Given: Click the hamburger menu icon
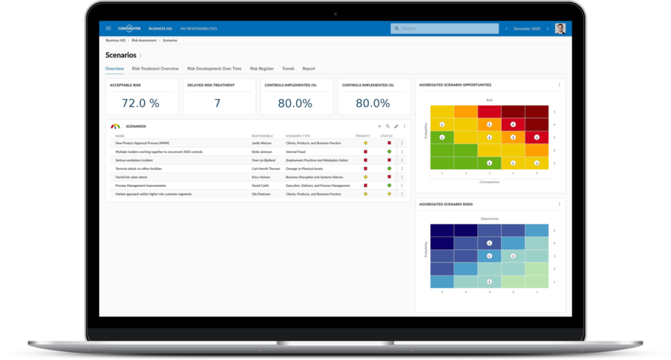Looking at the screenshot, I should point(109,28).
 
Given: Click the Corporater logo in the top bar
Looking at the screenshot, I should point(128,28).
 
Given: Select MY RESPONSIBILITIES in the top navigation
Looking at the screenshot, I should point(199,29).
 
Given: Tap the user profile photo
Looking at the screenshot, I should point(560,28).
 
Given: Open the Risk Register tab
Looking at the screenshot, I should point(262,68).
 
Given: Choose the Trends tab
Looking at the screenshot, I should point(288,68).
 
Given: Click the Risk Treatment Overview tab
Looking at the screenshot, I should point(155,68).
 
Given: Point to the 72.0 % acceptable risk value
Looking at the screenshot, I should point(141,102).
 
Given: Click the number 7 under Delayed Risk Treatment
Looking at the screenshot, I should point(218,102).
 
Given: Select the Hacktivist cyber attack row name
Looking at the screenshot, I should point(132,177).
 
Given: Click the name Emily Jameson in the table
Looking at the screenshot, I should point(262,151).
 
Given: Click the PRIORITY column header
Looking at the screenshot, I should point(363,136).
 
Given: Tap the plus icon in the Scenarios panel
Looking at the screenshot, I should point(379,126).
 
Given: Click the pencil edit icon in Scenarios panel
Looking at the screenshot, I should point(396,126).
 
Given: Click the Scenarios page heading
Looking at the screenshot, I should point(121,55).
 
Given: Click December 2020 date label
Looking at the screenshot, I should point(527,29).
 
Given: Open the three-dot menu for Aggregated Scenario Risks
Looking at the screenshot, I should point(560,205).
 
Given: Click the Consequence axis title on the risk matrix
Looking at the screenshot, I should point(489,182).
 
